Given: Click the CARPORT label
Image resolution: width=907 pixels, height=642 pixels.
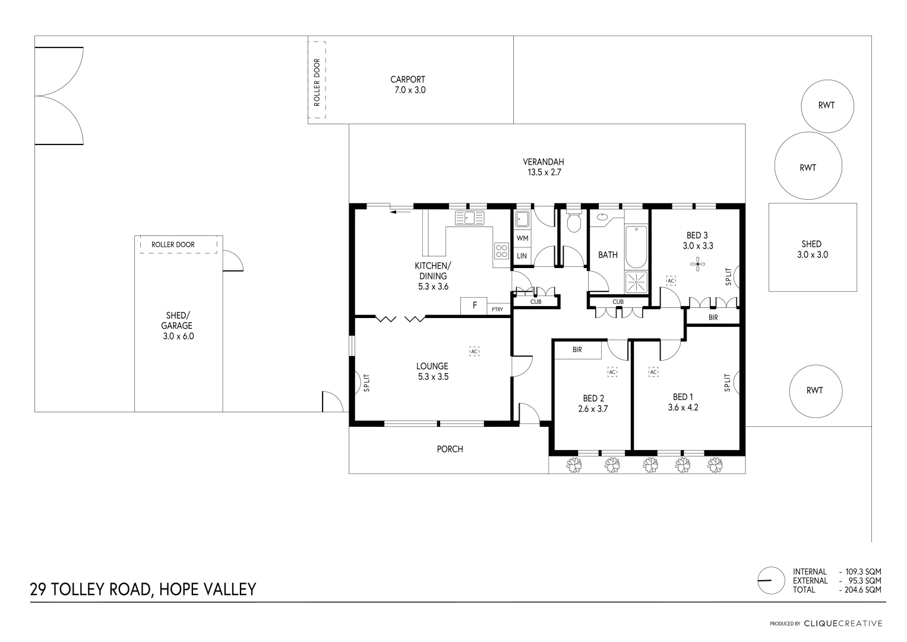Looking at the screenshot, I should tap(407, 80).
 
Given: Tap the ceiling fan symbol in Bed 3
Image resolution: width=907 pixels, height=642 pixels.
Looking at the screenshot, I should tap(698, 263).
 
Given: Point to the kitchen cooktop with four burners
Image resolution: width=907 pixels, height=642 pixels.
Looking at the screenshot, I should tap(501, 251).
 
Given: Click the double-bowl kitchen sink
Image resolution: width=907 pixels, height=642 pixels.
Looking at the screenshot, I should tap(470, 218).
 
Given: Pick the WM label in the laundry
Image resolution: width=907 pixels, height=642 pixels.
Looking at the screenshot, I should tap(522, 238).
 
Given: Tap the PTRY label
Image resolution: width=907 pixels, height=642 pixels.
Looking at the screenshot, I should tap(497, 309).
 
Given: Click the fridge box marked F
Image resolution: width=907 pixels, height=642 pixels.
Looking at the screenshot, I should tap(474, 306).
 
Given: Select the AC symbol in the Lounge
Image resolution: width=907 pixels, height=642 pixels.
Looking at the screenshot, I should tap(474, 351).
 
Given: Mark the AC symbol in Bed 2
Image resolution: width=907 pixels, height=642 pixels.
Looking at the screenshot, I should tap(612, 372).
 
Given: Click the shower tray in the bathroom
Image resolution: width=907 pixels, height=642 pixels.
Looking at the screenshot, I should tap(636, 281).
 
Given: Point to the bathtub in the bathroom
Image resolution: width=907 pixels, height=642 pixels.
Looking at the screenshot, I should tap(636, 247).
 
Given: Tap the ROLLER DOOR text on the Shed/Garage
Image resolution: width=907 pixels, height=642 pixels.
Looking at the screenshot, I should tap(173, 244).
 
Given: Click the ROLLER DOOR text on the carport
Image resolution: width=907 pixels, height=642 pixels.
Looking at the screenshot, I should tap(317, 82).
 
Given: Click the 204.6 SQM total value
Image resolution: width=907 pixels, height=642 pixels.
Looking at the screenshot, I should tap(859, 590).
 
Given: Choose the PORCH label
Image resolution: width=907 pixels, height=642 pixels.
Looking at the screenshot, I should tap(450, 449).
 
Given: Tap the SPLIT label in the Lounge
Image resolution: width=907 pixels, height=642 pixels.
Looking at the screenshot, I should tap(366, 382).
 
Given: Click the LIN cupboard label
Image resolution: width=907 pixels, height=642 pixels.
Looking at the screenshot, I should tap(522, 256).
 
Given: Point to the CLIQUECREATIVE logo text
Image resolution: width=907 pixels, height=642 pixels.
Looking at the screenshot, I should tap(843, 624).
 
